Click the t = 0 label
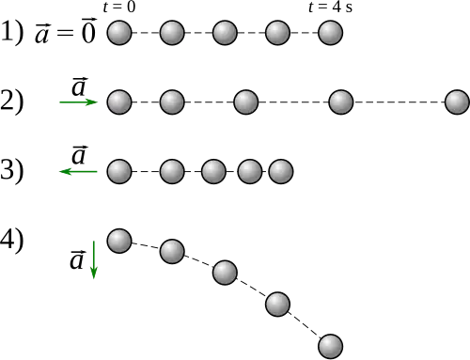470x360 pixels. click(x=119, y=8)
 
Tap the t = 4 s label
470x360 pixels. click(x=330, y=8)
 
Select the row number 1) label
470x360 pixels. click(x=11, y=32)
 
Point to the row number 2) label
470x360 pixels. click(x=11, y=102)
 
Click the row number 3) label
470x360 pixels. click(x=11, y=170)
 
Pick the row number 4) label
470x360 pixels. click(x=11, y=240)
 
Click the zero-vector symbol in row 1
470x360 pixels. click(x=88, y=30)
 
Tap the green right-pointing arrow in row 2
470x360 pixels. click(x=79, y=102)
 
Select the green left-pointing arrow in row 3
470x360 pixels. click(x=79, y=171)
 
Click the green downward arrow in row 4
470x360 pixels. click(x=93, y=259)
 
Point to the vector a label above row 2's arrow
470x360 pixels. click(x=79, y=86)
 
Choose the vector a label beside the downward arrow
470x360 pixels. click(x=77, y=259)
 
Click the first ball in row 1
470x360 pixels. click(x=119, y=33)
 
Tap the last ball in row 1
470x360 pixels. click(x=330, y=33)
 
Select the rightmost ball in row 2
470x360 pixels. click(x=457, y=102)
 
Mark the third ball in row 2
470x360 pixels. click(x=246, y=102)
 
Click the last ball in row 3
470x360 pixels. click(x=281, y=171)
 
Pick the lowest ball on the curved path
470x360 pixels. click(x=330, y=347)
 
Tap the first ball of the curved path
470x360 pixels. click(x=119, y=241)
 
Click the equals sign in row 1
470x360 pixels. click(x=65, y=33)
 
